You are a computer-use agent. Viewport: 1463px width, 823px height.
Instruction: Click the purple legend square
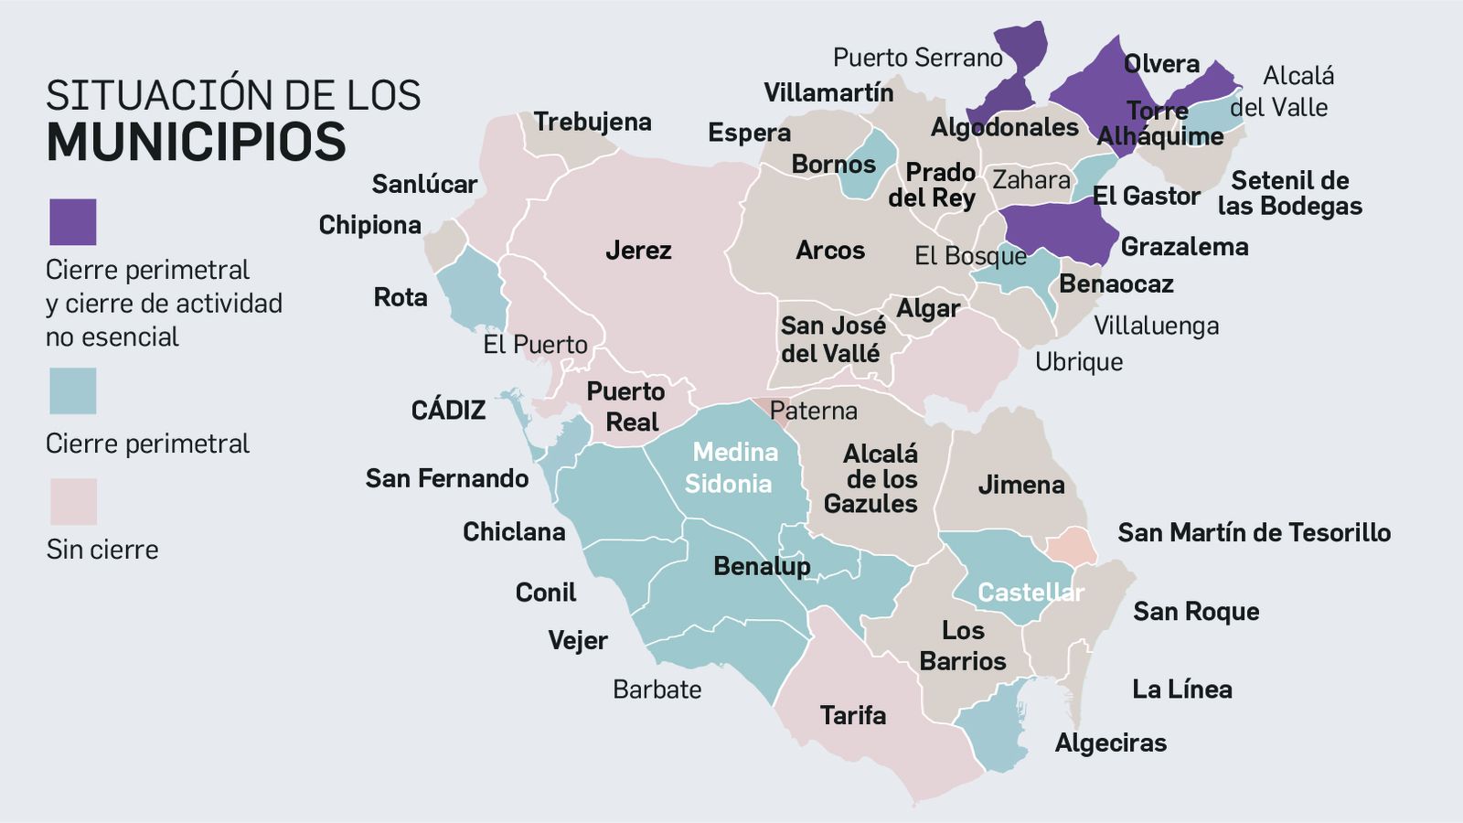72,222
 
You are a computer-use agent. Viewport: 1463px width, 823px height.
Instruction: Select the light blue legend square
72,391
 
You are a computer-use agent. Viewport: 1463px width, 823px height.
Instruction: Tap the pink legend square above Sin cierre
72,501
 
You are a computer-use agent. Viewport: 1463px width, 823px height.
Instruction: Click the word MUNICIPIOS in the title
197,142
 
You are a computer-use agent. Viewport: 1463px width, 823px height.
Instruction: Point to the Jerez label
638,250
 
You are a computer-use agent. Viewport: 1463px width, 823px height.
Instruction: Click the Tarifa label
852,715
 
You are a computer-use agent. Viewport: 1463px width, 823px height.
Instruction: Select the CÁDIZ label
448,410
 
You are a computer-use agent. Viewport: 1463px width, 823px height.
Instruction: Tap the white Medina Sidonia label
731,467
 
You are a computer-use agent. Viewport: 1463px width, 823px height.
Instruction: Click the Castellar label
1031,593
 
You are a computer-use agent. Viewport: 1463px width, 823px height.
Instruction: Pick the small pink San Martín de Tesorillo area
1070,547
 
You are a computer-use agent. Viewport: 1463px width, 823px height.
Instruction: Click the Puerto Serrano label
917,58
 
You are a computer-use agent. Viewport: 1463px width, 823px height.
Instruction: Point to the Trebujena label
593,122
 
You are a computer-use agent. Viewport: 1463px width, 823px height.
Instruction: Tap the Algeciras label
1110,743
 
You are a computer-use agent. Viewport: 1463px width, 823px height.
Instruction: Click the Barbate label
657,689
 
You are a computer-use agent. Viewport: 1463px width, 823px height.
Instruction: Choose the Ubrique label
1079,362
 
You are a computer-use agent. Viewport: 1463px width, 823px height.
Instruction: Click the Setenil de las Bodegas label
1289,193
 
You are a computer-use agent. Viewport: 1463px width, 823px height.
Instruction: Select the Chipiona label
369,225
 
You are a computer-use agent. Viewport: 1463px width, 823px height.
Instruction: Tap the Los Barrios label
963,646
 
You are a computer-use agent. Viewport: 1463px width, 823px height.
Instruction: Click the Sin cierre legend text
102,550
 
